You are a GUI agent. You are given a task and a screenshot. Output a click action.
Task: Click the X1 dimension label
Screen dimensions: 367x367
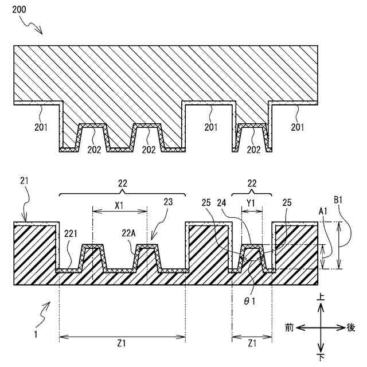pyautogui.click(x=119, y=204)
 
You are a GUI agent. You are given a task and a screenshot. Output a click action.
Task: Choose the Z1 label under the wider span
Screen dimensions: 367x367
pyautogui.click(x=121, y=343)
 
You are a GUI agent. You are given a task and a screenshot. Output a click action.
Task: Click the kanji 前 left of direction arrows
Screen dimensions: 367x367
pyautogui.click(x=291, y=327)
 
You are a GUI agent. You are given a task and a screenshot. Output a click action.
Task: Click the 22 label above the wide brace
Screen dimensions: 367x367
pyautogui.click(x=122, y=183)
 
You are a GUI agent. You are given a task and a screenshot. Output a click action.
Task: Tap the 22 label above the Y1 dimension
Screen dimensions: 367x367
pyautogui.click(x=251, y=183)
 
